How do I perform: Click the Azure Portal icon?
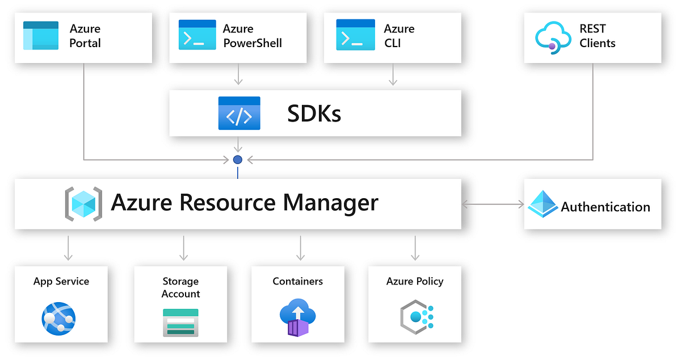(41, 35)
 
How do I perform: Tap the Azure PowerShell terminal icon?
(197, 35)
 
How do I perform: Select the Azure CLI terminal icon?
(355, 35)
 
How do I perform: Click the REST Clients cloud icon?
(552, 37)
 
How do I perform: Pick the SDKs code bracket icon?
(239, 113)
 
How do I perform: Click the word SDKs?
(314, 114)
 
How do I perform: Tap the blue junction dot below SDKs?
(238, 160)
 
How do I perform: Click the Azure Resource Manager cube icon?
(83, 203)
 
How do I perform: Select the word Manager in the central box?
(330, 202)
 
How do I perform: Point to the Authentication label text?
(605, 207)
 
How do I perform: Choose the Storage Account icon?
(180, 322)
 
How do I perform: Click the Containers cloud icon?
(297, 317)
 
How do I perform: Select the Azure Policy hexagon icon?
(416, 317)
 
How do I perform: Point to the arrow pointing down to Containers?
(300, 248)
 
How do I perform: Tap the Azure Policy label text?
(414, 281)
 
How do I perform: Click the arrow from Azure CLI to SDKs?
(393, 74)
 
